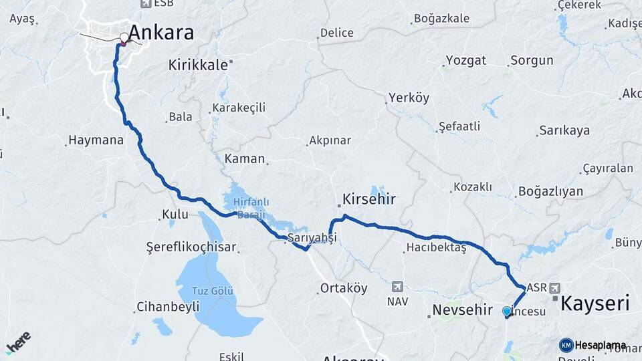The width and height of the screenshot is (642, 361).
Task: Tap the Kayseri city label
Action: click(x=595, y=304)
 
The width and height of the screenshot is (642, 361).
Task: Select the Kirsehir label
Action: click(x=369, y=199)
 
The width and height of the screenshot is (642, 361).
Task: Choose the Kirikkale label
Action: click(x=199, y=65)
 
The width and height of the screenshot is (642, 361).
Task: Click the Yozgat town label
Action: click(x=465, y=61)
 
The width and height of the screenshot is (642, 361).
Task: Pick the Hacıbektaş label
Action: click(x=435, y=248)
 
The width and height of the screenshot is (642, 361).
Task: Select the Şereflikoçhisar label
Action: click(x=191, y=247)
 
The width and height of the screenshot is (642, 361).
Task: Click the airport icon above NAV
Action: click(x=398, y=286)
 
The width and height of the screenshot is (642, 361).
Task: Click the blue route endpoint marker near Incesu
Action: click(x=506, y=312)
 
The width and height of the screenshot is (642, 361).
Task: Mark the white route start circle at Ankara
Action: click(x=124, y=37)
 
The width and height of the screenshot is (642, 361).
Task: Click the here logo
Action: click(x=18, y=342)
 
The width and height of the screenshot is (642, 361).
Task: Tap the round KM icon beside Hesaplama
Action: click(x=566, y=345)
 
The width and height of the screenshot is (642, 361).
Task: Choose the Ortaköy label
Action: click(x=344, y=289)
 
